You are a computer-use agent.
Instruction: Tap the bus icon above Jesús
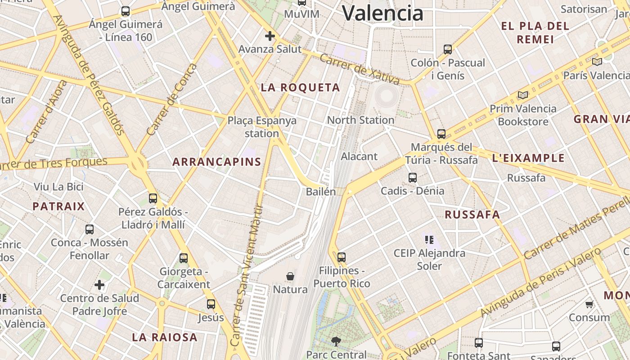click(211, 304)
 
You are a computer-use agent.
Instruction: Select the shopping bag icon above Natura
click(290, 276)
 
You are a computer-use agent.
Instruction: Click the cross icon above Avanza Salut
click(270, 36)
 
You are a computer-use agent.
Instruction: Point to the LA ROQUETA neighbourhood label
click(300, 88)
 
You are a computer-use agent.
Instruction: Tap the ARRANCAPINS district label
click(217, 162)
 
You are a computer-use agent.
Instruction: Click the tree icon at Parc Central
click(336, 342)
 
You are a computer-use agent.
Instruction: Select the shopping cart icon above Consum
click(589, 305)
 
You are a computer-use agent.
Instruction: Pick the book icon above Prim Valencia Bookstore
click(522, 95)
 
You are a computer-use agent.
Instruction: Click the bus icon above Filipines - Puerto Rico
click(342, 257)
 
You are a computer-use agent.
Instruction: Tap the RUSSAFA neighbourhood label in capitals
click(472, 215)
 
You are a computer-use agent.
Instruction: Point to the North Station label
click(360, 120)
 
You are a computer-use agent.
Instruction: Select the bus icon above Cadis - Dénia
click(413, 178)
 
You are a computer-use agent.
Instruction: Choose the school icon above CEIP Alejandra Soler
click(429, 240)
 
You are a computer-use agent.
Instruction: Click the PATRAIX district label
click(58, 207)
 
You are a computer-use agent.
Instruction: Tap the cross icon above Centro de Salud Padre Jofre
click(99, 285)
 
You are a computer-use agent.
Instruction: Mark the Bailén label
click(321, 192)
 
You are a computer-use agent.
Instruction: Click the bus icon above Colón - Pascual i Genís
click(447, 49)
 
